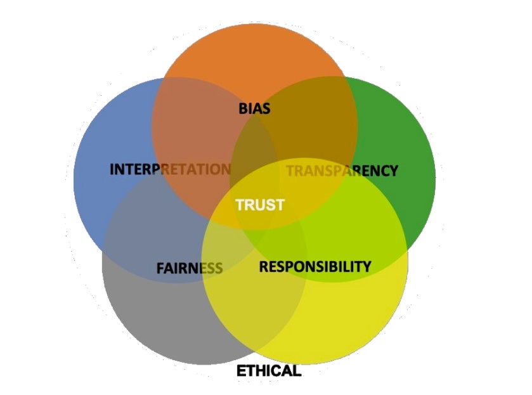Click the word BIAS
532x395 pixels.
pos(254,108)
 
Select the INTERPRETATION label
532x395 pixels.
pos(170,169)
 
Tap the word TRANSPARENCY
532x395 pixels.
pos(342,171)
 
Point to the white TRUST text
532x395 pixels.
pos(260,205)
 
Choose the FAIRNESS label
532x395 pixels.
pos(189,268)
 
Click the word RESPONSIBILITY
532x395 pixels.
pos(315,266)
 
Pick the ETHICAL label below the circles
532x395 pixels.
pos(268,371)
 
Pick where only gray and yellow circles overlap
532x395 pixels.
pos(254,317)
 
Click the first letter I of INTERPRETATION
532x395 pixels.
pos(112,169)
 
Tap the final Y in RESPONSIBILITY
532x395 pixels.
pos(366,266)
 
